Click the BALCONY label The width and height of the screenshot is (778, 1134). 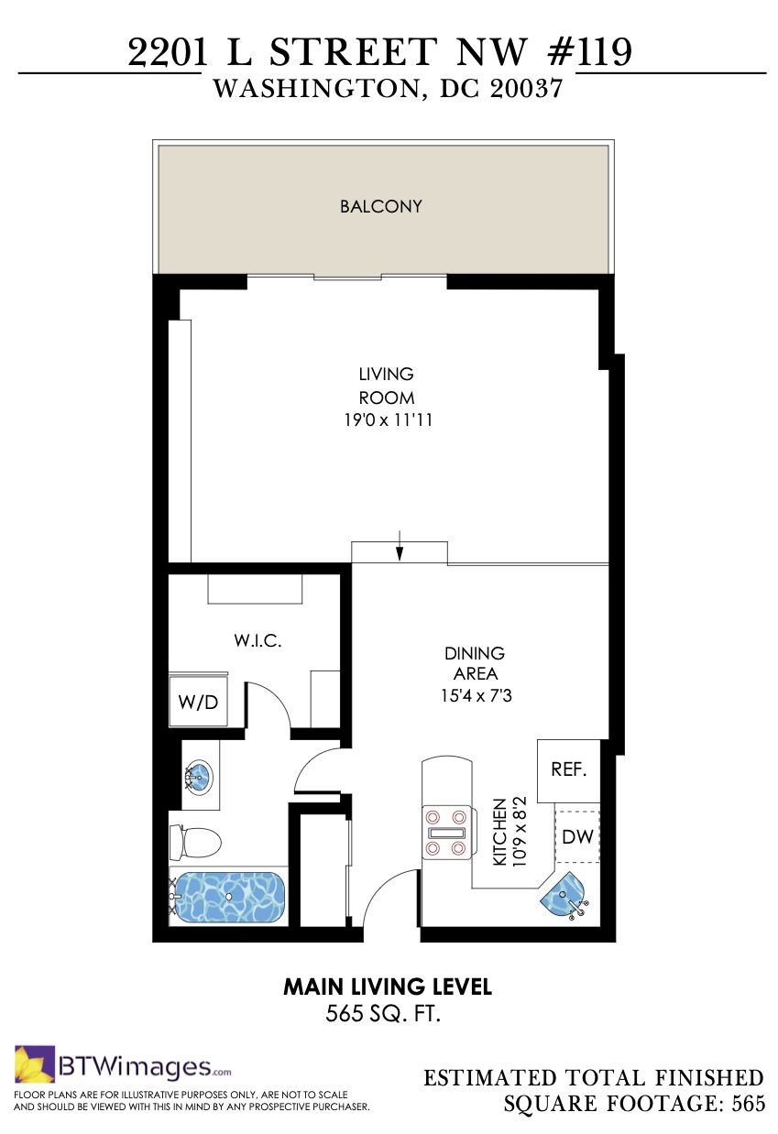tap(381, 206)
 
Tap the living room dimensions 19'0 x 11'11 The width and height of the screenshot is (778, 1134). tap(388, 420)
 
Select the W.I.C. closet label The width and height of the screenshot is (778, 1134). tap(258, 640)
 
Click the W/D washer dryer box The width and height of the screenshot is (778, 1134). tap(198, 702)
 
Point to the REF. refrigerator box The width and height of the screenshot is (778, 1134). tap(569, 770)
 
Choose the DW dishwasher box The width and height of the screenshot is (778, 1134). tap(577, 836)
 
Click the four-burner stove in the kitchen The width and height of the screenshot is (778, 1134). tap(449, 833)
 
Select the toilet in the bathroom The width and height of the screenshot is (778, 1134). tap(195, 843)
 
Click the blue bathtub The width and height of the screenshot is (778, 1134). tap(229, 897)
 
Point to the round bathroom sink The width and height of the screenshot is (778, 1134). tap(198, 776)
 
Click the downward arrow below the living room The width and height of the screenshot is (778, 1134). tap(400, 546)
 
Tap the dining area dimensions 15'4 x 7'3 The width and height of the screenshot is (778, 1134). tap(477, 695)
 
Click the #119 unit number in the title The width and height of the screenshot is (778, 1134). tap(590, 51)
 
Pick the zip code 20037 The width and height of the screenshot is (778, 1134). tap(526, 89)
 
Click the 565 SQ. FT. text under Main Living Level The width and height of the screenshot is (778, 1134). tap(383, 1013)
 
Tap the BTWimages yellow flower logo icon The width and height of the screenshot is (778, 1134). tap(35, 1063)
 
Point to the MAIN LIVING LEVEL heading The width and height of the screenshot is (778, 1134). tap(388, 987)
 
